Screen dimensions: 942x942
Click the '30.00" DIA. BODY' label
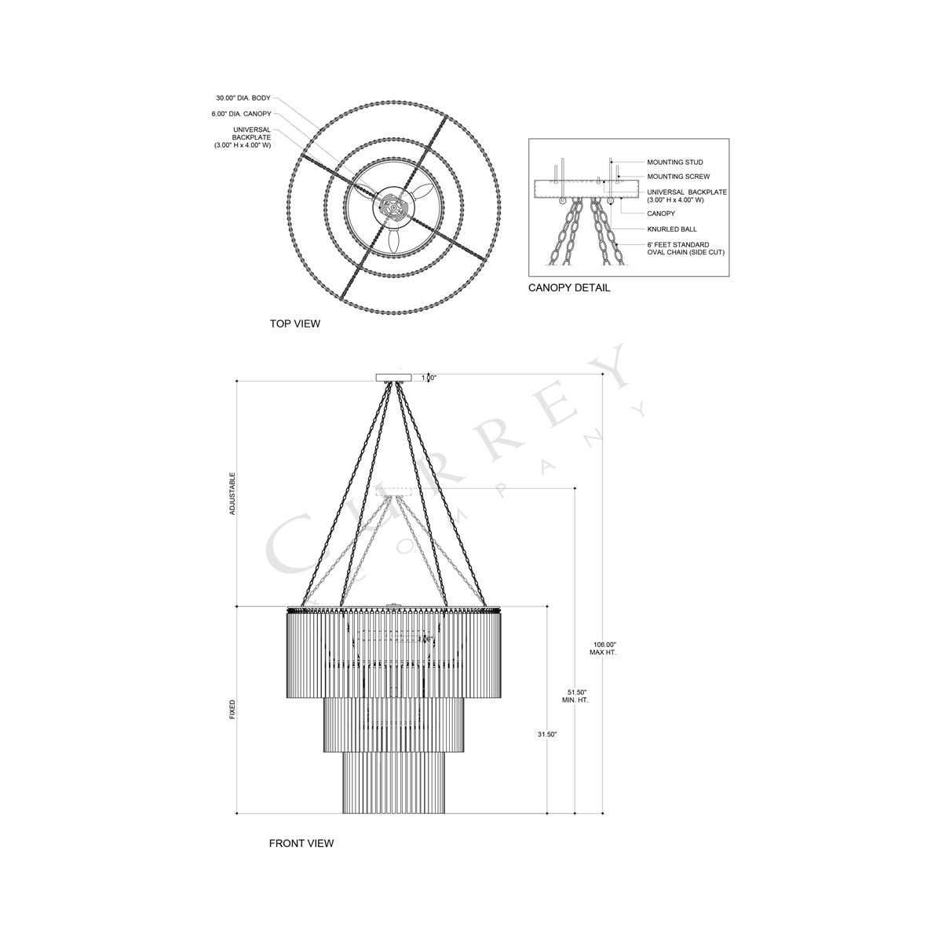tap(243, 98)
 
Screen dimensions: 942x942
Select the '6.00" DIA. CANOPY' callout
tap(241, 114)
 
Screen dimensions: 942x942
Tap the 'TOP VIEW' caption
tap(295, 323)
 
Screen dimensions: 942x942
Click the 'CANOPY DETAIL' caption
tap(569, 288)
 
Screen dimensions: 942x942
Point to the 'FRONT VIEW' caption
tap(301, 843)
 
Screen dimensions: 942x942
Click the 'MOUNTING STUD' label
tap(674, 162)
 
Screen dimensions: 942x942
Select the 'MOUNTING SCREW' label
tap(678, 177)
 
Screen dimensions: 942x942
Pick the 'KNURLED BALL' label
tap(672, 229)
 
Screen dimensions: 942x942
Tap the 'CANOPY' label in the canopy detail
tap(661, 214)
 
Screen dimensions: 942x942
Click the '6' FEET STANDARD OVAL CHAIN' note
tap(685, 249)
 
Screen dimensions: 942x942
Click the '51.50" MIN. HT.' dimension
tap(575, 695)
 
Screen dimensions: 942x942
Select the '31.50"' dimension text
tap(547, 734)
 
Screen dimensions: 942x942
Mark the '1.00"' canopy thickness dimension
tap(429, 378)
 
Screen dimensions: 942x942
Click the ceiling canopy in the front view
tap(394, 378)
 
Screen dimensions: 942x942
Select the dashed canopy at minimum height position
tap(394, 492)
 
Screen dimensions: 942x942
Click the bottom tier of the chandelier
tap(394, 783)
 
